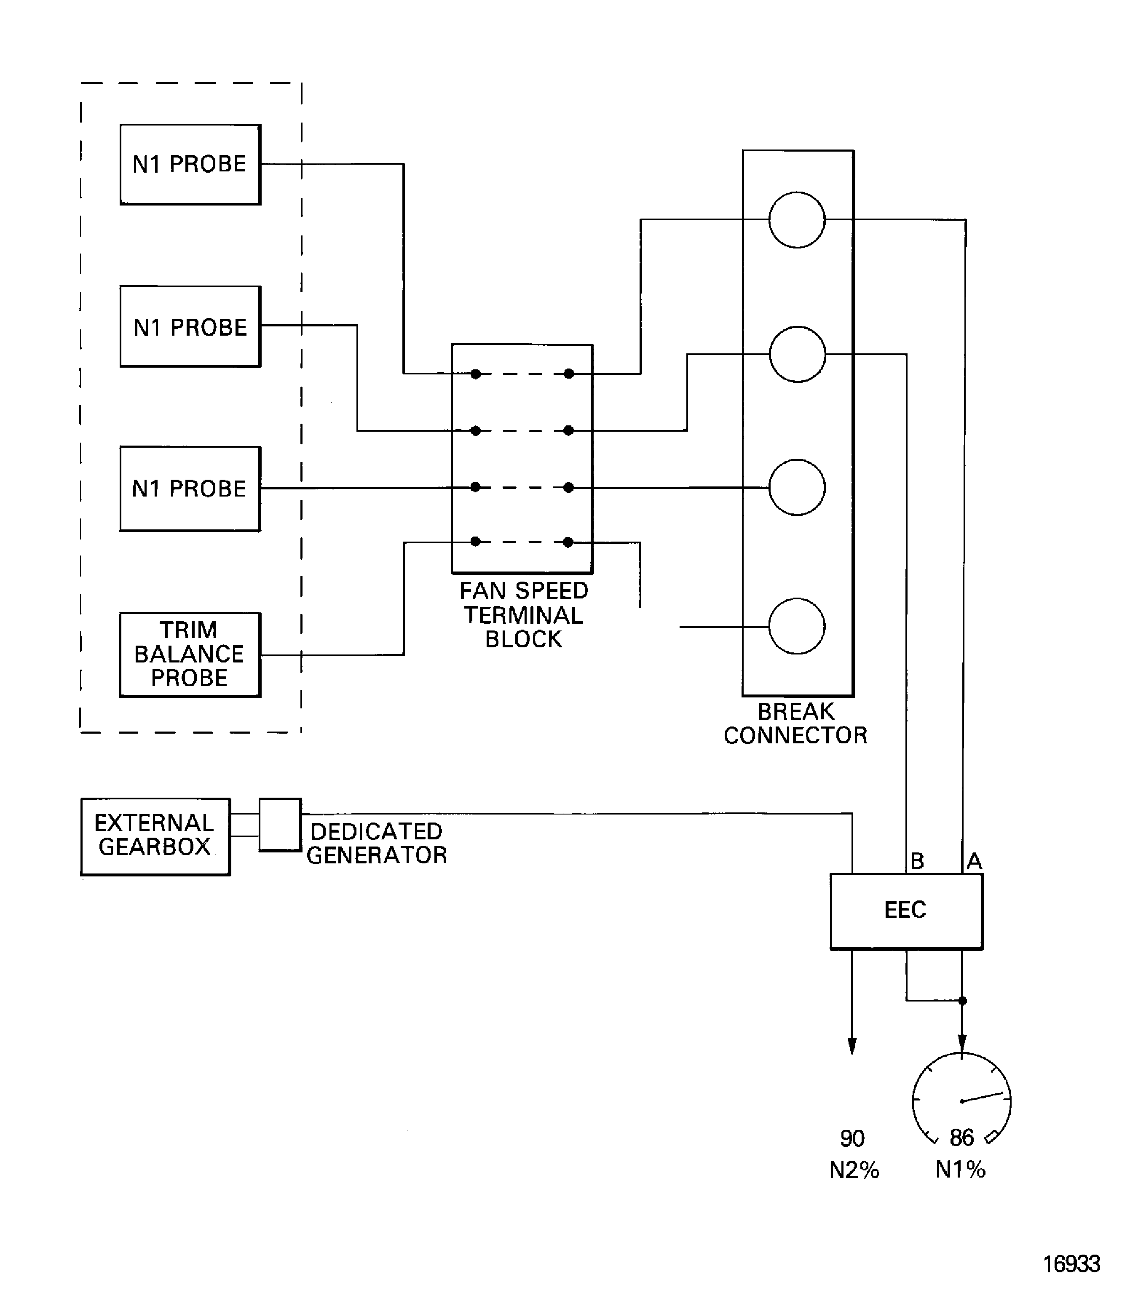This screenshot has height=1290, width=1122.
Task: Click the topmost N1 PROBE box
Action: click(x=190, y=165)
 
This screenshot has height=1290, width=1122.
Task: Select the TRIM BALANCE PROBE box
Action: click(x=190, y=655)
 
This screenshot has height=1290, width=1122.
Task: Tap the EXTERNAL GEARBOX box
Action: click(x=155, y=836)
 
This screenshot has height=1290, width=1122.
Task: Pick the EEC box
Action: click(x=906, y=911)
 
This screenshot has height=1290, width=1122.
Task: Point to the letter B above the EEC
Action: click(x=917, y=861)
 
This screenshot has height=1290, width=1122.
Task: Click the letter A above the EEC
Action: click(x=974, y=861)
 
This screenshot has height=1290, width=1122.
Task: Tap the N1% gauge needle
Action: click(x=984, y=1097)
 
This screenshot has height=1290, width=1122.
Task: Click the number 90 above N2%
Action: click(x=852, y=1138)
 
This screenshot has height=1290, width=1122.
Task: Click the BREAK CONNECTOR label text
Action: click(x=795, y=723)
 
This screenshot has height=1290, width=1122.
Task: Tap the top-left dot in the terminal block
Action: click(x=476, y=374)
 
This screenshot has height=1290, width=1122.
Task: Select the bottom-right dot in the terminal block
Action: click(x=568, y=542)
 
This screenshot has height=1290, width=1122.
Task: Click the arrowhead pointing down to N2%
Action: click(x=852, y=1046)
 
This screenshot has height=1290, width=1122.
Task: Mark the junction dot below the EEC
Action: click(x=962, y=1001)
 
